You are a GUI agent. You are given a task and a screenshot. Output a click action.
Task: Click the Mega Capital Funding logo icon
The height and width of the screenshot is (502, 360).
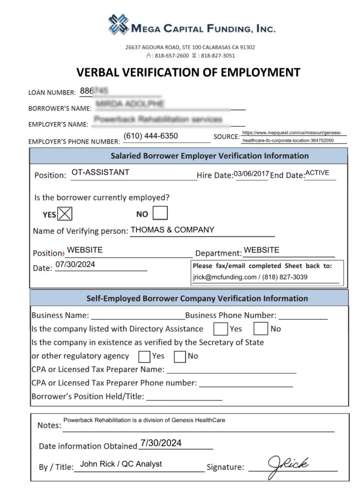point(118,25)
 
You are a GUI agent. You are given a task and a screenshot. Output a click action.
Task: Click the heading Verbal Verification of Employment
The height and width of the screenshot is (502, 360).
point(188,72)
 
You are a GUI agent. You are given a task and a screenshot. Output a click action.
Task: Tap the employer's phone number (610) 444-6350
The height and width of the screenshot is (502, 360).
point(151,136)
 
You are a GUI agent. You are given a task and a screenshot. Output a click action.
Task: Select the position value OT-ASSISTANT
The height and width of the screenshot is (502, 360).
point(100,172)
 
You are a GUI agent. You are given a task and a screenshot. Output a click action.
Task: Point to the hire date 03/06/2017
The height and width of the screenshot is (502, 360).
point(251,173)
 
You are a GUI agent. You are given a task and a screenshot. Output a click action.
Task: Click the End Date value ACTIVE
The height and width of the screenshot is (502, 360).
point(317,173)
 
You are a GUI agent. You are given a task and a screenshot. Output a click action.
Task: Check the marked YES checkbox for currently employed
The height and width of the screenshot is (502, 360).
point(65,214)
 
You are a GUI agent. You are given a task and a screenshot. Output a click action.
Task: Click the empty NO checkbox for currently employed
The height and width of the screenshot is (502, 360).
point(160,214)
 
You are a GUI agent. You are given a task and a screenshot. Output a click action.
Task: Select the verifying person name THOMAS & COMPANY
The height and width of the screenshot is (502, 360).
point(172,230)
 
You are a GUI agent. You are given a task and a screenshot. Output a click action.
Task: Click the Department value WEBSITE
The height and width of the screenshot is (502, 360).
point(261,250)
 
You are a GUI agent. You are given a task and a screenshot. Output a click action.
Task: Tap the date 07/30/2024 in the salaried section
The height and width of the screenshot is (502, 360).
point(75,264)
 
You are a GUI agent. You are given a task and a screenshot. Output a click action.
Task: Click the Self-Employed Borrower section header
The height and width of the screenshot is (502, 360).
point(188,298)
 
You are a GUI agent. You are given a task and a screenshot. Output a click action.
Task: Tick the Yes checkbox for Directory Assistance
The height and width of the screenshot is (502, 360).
point(220,329)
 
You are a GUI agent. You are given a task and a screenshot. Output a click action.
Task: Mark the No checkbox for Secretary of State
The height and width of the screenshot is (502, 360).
point(180,356)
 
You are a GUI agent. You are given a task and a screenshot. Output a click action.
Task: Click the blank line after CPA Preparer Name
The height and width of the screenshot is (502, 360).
point(231,370)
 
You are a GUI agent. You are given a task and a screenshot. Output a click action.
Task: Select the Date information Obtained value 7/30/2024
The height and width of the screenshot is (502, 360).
point(161,443)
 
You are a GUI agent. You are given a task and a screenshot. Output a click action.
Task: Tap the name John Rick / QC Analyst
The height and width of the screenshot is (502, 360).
point(121,464)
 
